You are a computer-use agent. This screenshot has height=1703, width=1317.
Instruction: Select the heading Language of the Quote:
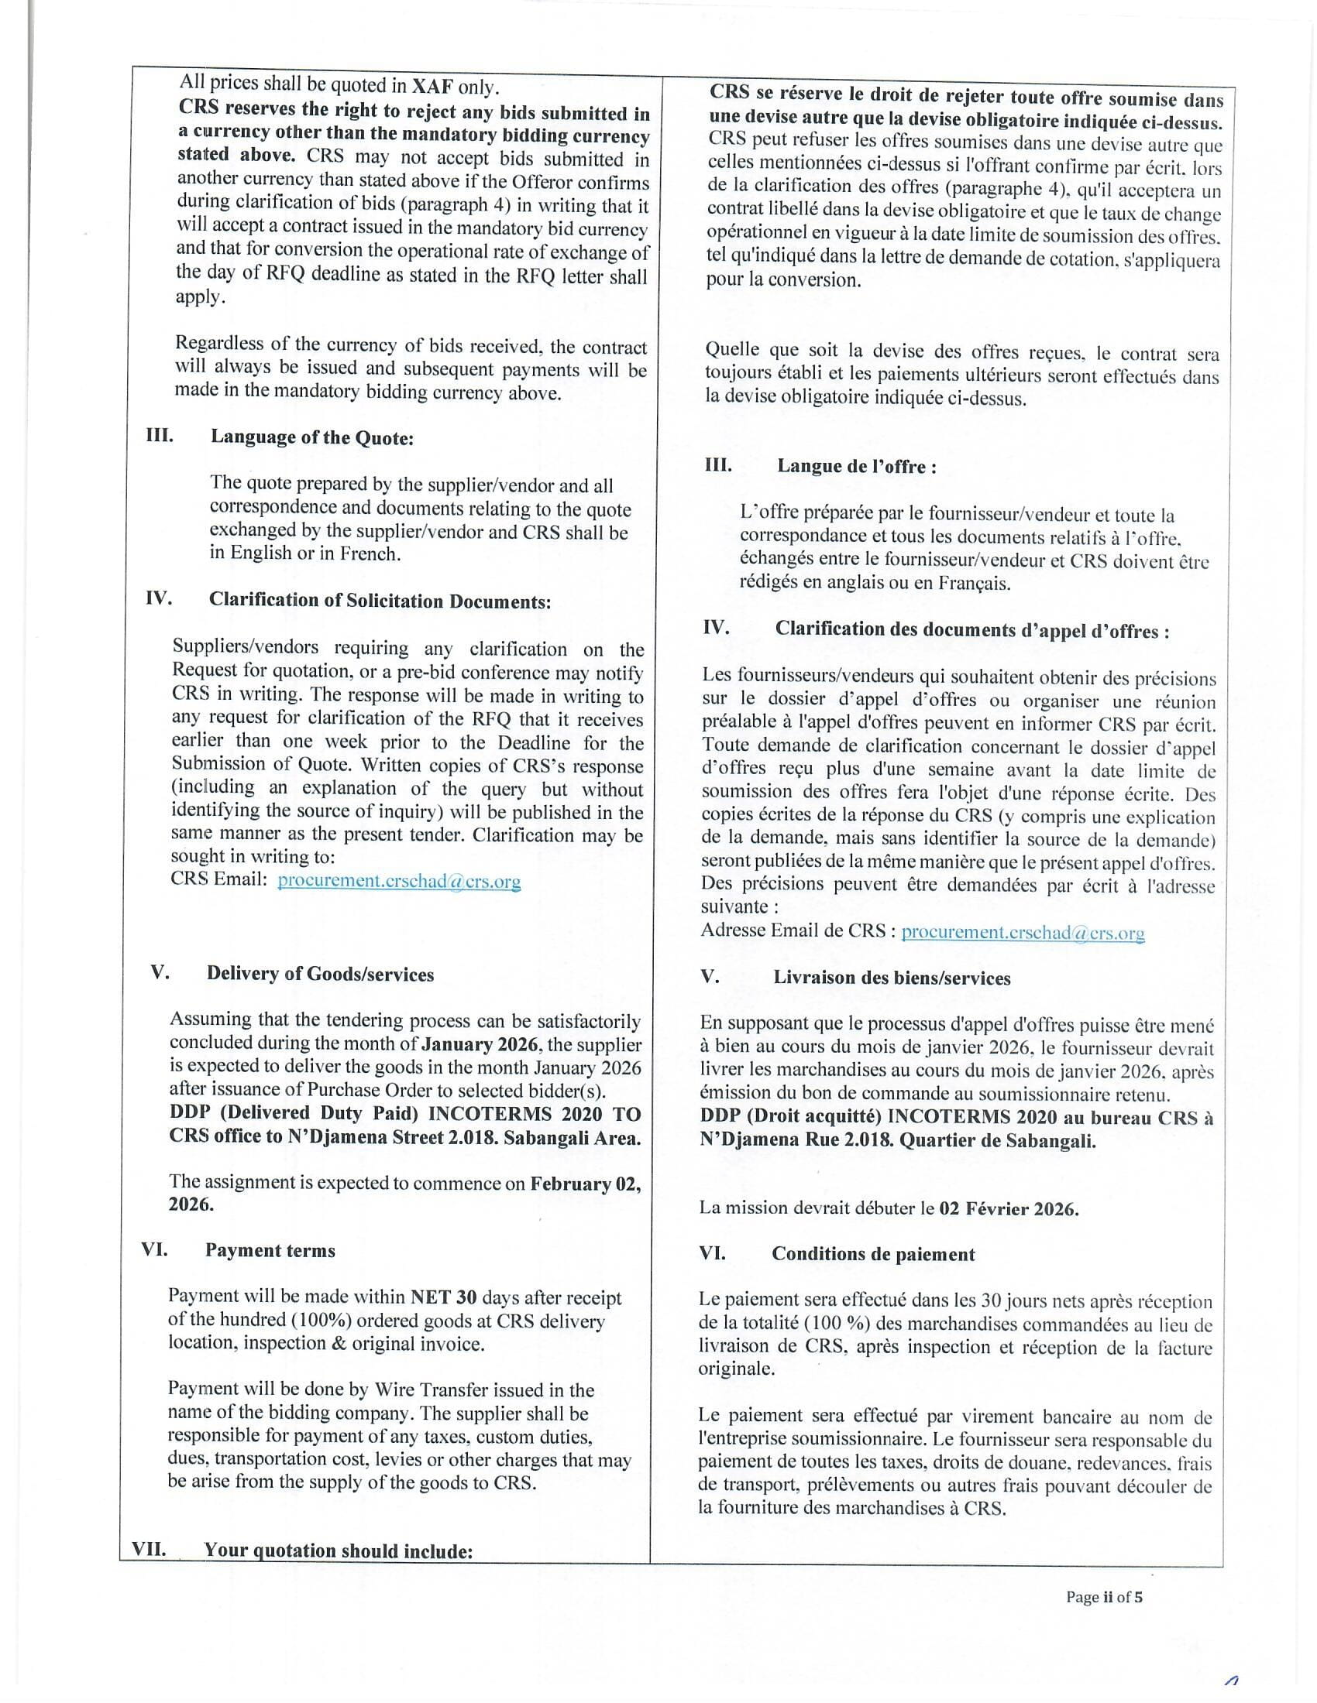point(311,437)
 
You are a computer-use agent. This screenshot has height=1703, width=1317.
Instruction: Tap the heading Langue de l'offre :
point(856,467)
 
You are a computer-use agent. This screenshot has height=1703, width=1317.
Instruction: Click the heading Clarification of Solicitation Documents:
point(379,601)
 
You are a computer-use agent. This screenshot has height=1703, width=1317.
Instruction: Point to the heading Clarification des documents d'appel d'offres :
point(971,631)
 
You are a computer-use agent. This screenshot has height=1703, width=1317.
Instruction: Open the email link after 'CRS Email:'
point(399,881)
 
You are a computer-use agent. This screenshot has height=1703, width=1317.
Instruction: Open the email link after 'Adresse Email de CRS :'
point(1022,932)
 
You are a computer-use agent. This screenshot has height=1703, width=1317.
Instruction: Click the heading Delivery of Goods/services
point(320,974)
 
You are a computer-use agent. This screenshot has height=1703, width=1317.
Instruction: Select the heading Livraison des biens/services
point(892,978)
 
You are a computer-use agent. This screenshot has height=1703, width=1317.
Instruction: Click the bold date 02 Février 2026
point(1008,1208)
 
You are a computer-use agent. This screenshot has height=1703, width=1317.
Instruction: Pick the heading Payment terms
point(270,1251)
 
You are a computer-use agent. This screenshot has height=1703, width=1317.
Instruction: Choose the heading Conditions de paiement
point(873,1255)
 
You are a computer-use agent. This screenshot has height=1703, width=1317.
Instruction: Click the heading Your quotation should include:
point(338,1551)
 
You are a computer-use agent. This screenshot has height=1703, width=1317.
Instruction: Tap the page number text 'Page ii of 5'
point(1104,1597)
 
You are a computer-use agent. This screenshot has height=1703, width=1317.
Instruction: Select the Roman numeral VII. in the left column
point(149,1550)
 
